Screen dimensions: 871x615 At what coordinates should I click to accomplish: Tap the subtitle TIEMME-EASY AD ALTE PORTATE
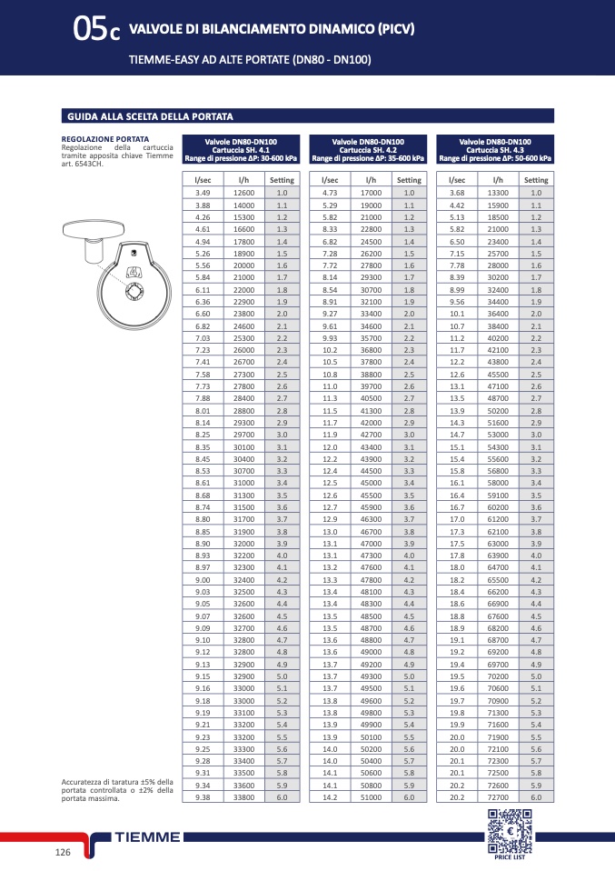point(212,61)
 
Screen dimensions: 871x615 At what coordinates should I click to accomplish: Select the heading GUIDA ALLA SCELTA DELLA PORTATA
point(150,117)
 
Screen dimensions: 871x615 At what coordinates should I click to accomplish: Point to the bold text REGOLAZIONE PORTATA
point(100,139)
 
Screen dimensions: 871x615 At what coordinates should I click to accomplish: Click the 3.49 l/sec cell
point(203,193)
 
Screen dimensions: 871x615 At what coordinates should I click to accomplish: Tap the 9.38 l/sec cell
point(203,796)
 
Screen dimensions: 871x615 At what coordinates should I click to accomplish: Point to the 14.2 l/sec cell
point(330,796)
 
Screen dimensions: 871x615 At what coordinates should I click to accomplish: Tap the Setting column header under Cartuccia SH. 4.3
point(536,180)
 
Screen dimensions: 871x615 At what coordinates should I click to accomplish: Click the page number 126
point(63,852)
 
